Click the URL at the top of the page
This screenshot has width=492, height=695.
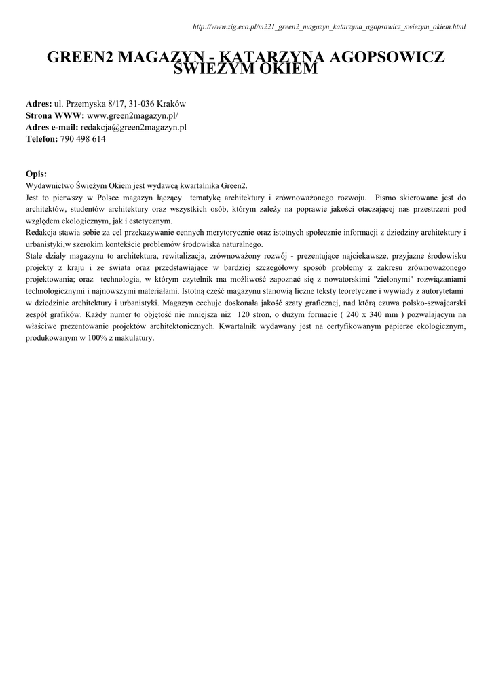(329, 27)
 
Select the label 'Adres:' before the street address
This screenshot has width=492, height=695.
(39, 104)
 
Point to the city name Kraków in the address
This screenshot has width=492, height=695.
(171, 104)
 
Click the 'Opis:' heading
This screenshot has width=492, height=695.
(36, 174)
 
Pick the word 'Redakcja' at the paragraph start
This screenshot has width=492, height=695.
(42, 233)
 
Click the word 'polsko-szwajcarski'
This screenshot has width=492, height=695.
(433, 303)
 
